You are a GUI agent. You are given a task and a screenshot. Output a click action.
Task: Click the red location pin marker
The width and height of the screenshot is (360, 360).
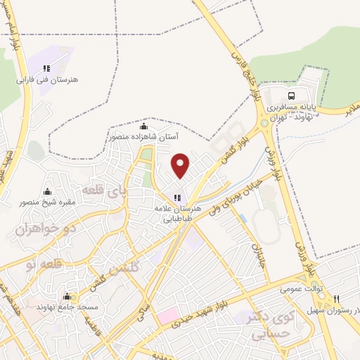[181, 165]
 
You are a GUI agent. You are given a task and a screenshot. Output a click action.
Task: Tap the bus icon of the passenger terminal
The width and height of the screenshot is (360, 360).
[291, 96]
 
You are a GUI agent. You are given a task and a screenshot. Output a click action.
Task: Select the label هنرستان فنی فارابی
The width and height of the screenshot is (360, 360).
[49, 80]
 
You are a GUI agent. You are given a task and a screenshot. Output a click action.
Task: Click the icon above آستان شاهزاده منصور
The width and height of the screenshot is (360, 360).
[143, 127]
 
